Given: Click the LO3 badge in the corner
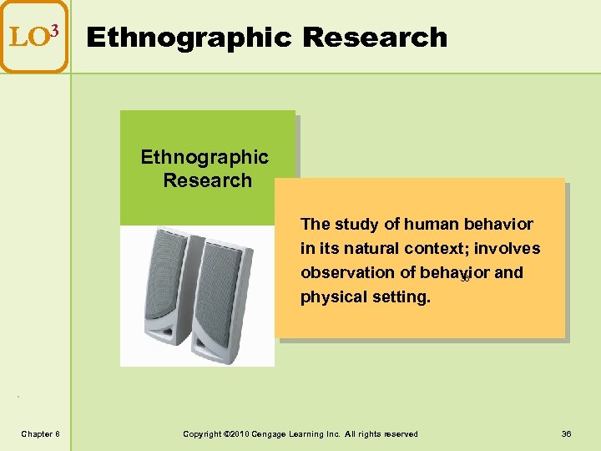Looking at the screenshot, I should [x=33, y=36].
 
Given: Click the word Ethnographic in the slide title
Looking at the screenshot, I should [x=189, y=38].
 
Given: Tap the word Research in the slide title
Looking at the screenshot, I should [x=375, y=38].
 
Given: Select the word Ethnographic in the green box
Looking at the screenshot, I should [x=205, y=157].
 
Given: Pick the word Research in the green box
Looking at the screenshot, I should [x=208, y=180].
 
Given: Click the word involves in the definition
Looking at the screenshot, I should [x=508, y=248].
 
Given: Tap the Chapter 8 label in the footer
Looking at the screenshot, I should [x=40, y=433].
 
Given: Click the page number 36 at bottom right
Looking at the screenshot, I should [x=567, y=433].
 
